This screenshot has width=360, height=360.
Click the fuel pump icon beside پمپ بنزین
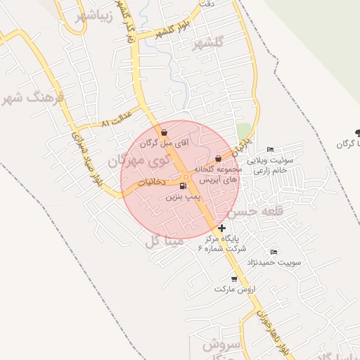point(184,186)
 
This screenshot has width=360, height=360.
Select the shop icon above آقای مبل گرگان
point(164,132)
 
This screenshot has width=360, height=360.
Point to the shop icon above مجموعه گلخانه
point(218,158)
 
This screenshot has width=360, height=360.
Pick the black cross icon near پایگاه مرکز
point(222,228)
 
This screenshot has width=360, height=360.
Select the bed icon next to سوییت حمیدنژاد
point(274,252)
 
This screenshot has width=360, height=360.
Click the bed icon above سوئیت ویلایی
point(271,149)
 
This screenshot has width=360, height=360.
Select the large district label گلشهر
point(212,44)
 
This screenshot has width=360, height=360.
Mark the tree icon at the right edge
point(357,131)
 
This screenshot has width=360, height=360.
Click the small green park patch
point(243,131)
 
